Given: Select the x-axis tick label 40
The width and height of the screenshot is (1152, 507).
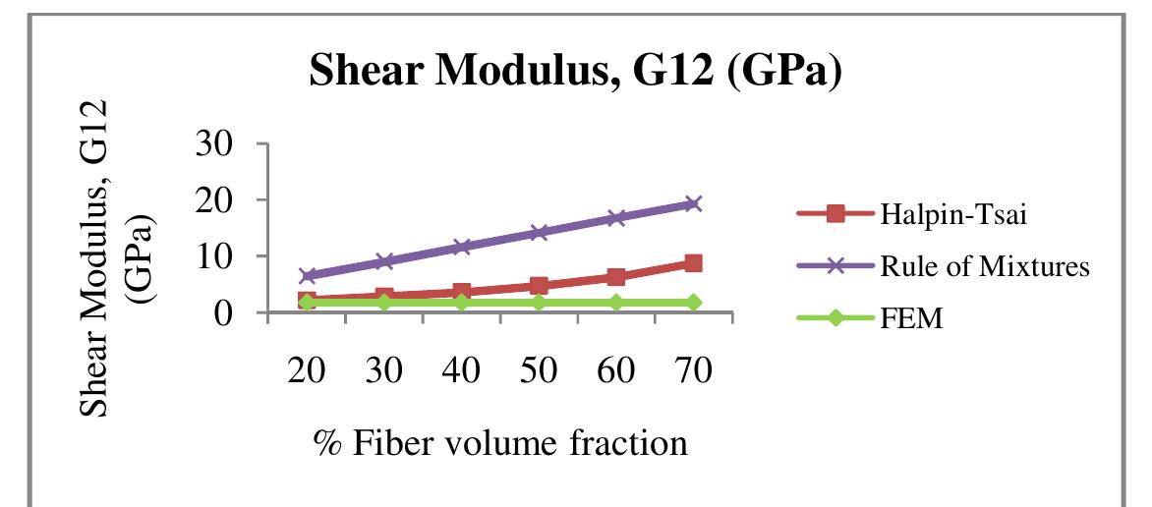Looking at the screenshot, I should click(461, 372).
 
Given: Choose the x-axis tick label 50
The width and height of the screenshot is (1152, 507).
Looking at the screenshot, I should click(539, 372).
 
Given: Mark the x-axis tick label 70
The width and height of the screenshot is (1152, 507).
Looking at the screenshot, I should click(693, 372).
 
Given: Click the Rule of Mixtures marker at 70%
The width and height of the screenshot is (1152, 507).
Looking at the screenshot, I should click(693, 203).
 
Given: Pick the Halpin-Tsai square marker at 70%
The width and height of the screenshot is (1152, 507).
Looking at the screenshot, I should click(693, 263).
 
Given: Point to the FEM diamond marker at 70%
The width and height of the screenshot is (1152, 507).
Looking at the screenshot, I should click(693, 303).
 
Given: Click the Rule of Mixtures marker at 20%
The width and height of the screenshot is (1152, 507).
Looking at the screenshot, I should click(307, 276).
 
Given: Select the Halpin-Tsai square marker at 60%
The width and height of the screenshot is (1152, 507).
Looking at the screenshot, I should click(615, 277).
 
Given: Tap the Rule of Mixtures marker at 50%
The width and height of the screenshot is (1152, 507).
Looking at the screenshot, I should click(539, 233).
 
